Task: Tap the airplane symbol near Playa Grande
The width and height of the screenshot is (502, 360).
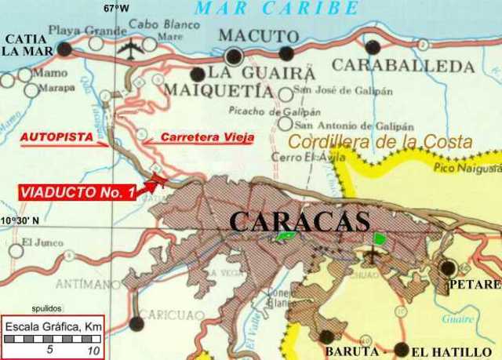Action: pos(128,48)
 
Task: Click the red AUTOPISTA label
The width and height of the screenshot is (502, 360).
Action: pos(53,136)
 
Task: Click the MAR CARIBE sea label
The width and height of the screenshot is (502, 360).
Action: pos(276,9)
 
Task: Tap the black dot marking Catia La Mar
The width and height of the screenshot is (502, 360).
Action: pos(64,49)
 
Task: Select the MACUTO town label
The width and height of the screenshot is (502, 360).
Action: pos(258,36)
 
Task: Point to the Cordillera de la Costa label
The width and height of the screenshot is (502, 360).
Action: pos(380,142)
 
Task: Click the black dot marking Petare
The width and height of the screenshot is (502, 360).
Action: pos(448,267)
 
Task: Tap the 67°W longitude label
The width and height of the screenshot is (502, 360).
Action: pos(115,8)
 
